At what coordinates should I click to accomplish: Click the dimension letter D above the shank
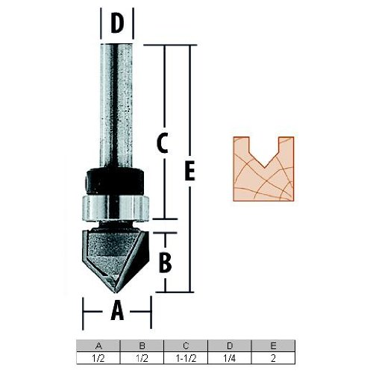[117, 24]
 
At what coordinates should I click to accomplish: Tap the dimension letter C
[163, 143]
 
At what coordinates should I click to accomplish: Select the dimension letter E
[189, 171]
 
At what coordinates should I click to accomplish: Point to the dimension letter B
[166, 263]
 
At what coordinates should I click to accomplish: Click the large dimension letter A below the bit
[117, 310]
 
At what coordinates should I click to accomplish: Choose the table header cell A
[98, 345]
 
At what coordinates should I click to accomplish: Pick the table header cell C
[186, 345]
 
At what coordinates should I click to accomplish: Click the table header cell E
[273, 345]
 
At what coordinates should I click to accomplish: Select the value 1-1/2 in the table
[186, 358]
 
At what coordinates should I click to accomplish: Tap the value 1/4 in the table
[230, 358]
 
